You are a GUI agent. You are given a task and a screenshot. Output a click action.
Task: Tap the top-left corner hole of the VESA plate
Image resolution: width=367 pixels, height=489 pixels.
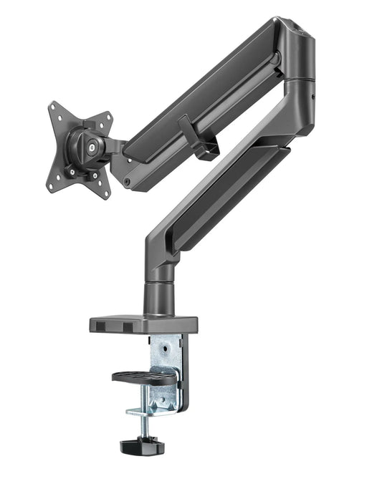pyautogui.click(x=54, y=109)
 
